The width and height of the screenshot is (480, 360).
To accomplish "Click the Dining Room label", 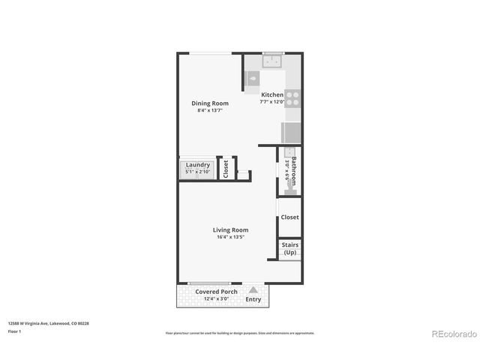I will pos(209,103).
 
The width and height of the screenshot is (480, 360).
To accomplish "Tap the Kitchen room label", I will pos(272,95).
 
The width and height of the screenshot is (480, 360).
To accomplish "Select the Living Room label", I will pos(230,230).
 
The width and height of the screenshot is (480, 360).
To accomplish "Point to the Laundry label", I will pos(198,165).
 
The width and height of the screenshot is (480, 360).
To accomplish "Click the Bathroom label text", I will pos(295,172).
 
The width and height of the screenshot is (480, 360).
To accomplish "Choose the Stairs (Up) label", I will pos(289,248).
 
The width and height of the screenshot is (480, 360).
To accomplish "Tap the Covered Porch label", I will pos(217,292).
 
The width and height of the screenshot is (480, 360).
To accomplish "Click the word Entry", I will pos(253,300).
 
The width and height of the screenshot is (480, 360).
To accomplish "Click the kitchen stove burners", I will pos(293,99).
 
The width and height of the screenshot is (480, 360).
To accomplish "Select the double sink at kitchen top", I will pos(272,60).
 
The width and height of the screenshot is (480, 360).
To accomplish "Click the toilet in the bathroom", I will pos(290,192).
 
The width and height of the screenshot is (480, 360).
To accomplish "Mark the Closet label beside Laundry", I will pos(226,169).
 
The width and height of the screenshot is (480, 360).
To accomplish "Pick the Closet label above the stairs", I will pos(289,217).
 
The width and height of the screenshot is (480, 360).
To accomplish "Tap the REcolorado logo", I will pos(451,333).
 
